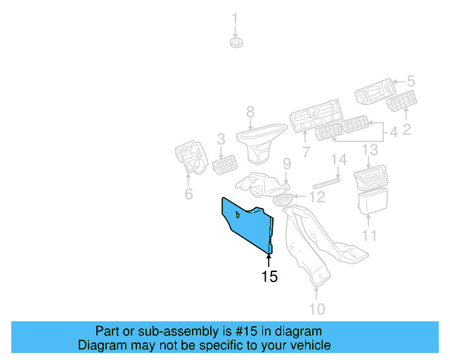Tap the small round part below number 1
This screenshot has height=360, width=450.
coord(236,43)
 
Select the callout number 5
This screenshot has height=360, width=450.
coord(411,82)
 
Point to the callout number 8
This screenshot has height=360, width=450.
coord(250,111)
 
